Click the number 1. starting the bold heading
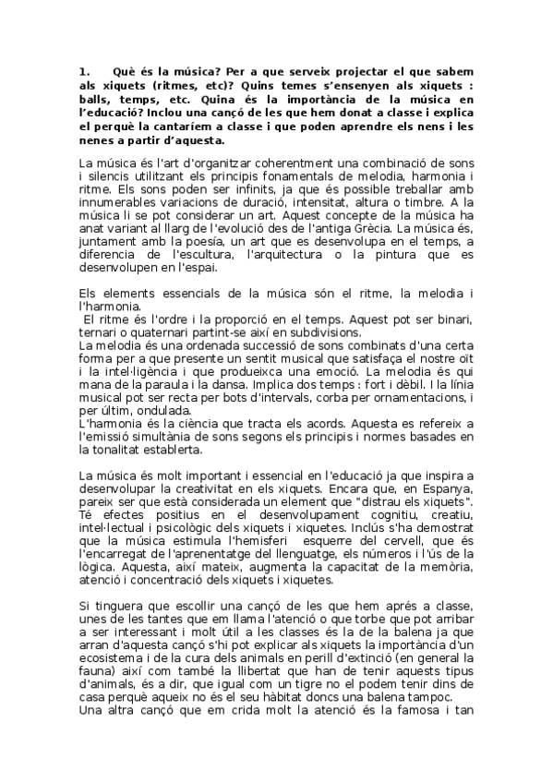(x=85, y=70)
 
